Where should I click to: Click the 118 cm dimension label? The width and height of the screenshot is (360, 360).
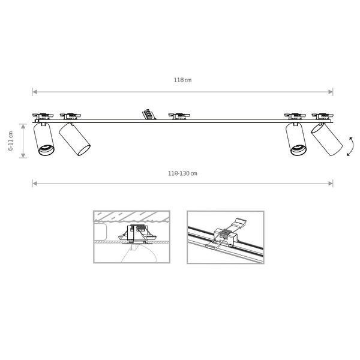[182, 80]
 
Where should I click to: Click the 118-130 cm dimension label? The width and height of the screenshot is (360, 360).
[182, 173]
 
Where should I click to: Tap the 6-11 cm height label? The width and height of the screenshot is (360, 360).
[11, 141]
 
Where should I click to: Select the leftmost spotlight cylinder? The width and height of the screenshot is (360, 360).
[44, 139]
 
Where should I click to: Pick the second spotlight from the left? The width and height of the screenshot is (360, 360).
[74, 139]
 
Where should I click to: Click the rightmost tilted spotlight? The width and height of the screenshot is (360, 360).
[327, 139]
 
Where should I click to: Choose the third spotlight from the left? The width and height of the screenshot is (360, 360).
[296, 139]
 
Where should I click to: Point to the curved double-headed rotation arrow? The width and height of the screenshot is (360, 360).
[350, 146]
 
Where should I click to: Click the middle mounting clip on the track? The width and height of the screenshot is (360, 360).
[179, 116]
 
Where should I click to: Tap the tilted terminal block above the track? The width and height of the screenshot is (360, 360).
[149, 115]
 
